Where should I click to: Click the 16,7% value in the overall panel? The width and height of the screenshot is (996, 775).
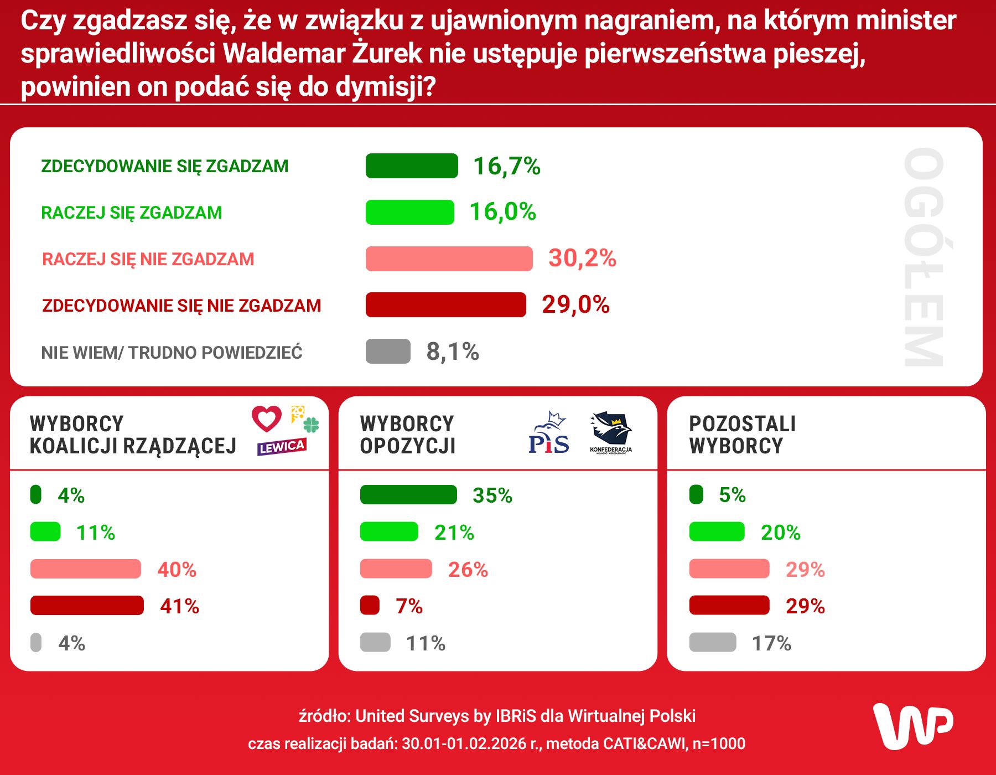pos(506,166)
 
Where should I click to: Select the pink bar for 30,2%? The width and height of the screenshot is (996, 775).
pos(449,259)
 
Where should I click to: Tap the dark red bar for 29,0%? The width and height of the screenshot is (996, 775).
pos(445,305)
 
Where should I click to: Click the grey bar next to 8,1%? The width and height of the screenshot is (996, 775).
pos(388,352)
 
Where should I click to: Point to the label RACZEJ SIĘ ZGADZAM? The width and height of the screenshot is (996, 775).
pos(132,213)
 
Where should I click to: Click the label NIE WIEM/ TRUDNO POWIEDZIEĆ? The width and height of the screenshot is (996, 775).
pos(172,353)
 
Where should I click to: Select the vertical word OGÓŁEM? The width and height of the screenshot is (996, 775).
pos(923,257)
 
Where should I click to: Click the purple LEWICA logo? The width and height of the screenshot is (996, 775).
pos(282,447)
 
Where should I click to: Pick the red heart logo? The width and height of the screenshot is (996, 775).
pos(267,418)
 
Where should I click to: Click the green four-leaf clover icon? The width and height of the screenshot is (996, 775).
pos(312,425)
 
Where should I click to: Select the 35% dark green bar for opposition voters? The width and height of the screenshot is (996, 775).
pos(408,495)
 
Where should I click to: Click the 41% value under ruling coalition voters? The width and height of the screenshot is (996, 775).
pos(179,606)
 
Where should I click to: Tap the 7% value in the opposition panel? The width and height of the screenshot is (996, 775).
pos(409,606)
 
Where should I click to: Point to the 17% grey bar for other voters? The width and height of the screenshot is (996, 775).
pos(712,643)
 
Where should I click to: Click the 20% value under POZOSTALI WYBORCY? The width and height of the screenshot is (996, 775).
pos(780,533)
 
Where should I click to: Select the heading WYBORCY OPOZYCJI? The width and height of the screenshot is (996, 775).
pos(407,435)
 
